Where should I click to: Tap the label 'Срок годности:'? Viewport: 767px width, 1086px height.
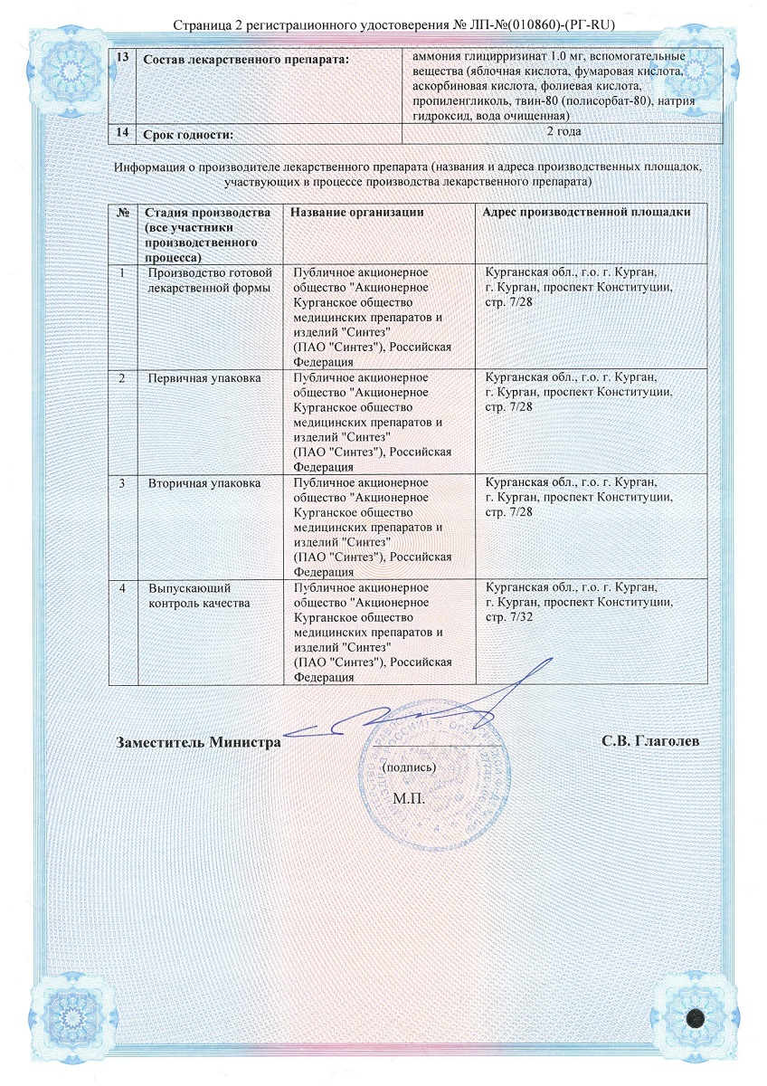click(x=187, y=134)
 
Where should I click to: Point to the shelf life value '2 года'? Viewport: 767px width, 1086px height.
click(x=563, y=132)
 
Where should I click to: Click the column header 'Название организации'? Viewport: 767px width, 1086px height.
click(x=357, y=212)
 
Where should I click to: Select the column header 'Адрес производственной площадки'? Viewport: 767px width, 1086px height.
click(x=588, y=212)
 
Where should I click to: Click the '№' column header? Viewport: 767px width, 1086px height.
click(x=121, y=212)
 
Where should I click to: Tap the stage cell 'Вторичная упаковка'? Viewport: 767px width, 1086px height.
click(x=204, y=484)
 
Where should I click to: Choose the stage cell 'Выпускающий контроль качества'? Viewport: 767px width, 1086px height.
click(x=198, y=595)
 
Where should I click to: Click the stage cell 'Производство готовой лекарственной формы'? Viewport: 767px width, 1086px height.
click(x=209, y=280)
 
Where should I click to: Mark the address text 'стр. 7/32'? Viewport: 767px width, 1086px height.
click(x=509, y=616)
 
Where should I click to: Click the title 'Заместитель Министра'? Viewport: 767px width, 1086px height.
click(x=198, y=741)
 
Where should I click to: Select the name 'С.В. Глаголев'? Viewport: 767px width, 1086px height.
click(x=649, y=741)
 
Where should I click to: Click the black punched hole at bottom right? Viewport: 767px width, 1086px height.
click(x=696, y=1017)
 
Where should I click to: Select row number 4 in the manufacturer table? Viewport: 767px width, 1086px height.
click(x=121, y=587)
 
